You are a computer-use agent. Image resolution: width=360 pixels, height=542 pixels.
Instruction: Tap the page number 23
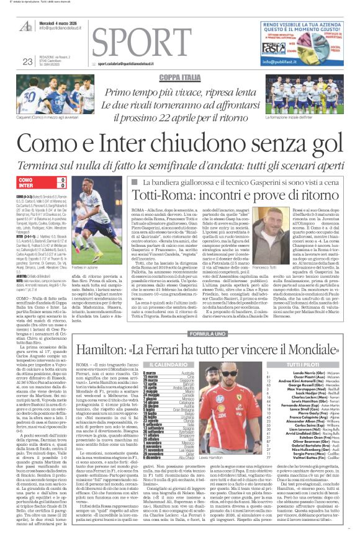[27, 61]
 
